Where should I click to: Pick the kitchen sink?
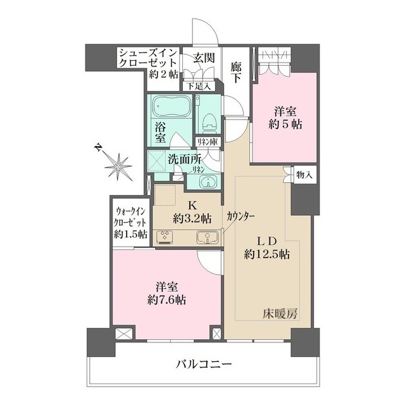(206, 238)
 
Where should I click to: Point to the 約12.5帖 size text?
(268, 255)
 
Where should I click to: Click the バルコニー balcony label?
(202, 365)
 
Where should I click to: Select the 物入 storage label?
(304, 173)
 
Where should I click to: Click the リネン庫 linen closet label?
(206, 142)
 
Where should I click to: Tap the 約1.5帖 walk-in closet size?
(132, 234)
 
